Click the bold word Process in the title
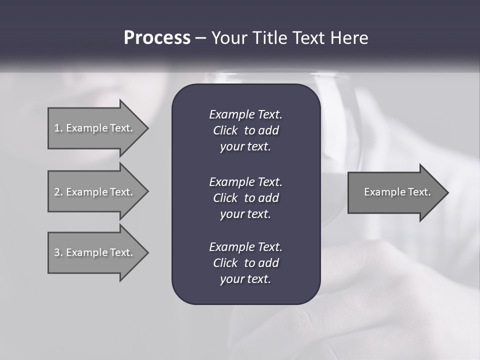pyautogui.click(x=157, y=38)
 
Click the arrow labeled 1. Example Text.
pyautogui.click(x=95, y=128)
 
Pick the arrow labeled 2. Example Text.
pyautogui.click(x=95, y=192)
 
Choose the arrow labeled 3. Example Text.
pyautogui.click(x=95, y=252)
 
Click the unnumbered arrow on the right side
pyautogui.click(x=395, y=192)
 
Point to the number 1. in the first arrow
pyautogui.click(x=58, y=128)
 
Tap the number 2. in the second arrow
pyautogui.click(x=58, y=192)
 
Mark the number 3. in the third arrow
pyautogui.click(x=58, y=252)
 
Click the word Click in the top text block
pyautogui.click(x=225, y=130)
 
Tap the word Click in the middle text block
pyautogui.click(x=225, y=198)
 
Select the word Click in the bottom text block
pyautogui.click(x=225, y=263)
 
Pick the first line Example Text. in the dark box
pyautogui.click(x=245, y=114)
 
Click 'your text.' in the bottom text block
pyautogui.click(x=245, y=279)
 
